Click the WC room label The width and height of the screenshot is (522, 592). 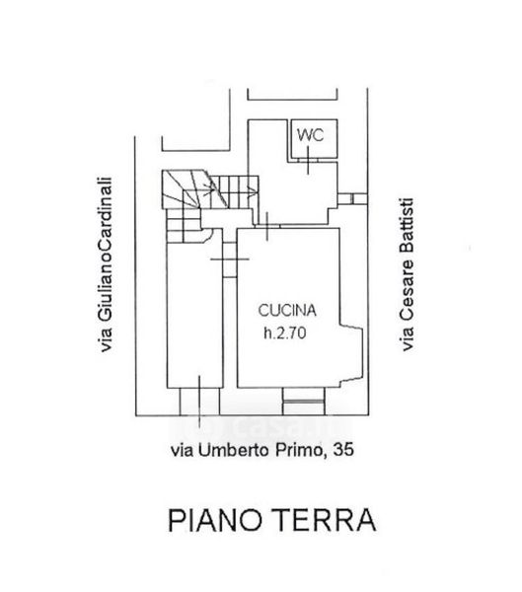pos(310,135)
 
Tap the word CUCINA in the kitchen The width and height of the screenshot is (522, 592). pos(287,310)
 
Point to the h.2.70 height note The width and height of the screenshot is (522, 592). pos(285,333)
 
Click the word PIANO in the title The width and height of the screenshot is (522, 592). pos(214,520)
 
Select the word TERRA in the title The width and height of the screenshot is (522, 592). pos(325,520)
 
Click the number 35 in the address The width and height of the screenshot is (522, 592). pos(343,449)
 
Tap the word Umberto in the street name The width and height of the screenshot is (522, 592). pos(234,450)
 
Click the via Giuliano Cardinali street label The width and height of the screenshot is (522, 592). pos(105,264)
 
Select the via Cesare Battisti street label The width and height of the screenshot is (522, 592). pos(407,274)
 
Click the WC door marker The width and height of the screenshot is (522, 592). pos(308,160)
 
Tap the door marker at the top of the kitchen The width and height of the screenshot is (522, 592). pos(267,226)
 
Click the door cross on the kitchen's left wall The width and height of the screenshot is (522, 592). pos(230,259)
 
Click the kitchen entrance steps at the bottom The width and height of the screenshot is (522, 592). pos(304,402)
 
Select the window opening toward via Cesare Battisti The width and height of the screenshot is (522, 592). pos(352,198)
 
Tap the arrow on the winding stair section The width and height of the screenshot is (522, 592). pos(206,186)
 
